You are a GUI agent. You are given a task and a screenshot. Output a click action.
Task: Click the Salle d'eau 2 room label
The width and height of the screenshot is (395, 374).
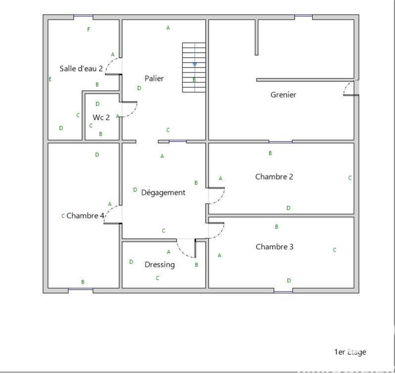point(81,69)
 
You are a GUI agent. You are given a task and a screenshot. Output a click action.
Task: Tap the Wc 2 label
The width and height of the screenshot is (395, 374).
point(101,117)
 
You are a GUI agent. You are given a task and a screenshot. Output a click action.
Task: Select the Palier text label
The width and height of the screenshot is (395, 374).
point(154,78)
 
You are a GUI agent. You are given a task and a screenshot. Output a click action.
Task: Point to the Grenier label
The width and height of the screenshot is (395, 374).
point(283,94)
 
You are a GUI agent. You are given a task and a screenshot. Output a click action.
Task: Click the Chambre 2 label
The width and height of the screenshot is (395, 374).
point(274,176)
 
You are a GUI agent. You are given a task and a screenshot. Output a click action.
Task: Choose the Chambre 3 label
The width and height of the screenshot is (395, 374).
point(275,247)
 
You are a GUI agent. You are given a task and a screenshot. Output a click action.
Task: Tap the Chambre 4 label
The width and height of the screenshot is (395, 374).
point(85,216)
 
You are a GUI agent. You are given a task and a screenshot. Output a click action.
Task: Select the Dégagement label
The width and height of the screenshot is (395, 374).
point(163,192)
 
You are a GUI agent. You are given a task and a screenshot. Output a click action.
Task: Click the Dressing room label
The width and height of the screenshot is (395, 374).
point(159,265)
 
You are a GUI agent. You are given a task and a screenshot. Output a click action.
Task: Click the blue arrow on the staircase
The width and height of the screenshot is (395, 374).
point(195,64)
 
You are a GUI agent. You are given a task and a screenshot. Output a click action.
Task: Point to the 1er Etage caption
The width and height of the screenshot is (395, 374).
point(350,352)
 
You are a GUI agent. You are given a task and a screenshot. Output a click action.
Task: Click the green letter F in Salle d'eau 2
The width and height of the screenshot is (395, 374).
point(89,30)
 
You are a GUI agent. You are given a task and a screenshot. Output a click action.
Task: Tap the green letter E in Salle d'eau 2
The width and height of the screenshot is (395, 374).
point(50,79)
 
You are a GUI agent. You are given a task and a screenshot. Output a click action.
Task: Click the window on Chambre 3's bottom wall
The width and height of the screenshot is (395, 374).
point(283,291)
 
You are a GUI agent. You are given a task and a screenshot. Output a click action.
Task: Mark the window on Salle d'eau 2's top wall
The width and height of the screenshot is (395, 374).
point(83,17)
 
